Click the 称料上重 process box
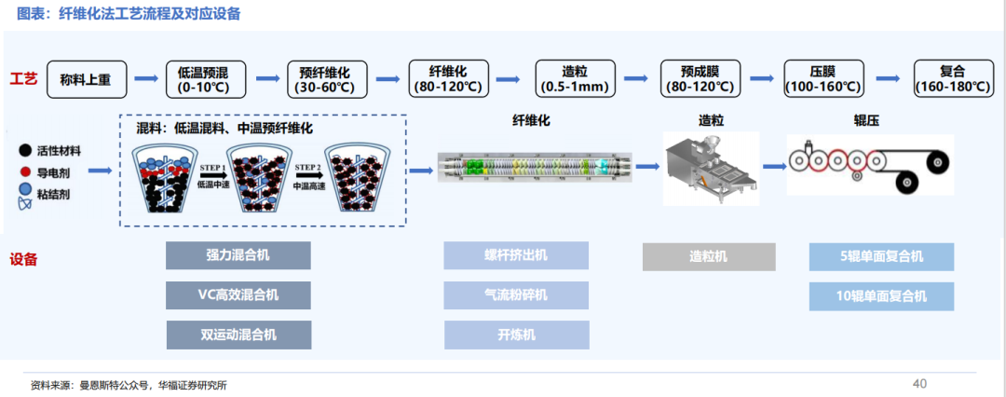point(87,79)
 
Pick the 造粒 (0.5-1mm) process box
point(575,79)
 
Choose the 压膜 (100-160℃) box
point(823,79)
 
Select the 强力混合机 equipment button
point(238,255)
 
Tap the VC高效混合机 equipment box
point(238,295)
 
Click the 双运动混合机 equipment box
point(238,335)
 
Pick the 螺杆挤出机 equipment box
point(516,255)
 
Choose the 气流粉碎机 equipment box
point(516,295)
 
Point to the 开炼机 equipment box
point(516,335)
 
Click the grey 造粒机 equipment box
point(709,257)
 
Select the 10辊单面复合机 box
point(881,296)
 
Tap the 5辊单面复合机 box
point(881,257)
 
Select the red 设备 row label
point(23,260)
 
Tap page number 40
point(920,384)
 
